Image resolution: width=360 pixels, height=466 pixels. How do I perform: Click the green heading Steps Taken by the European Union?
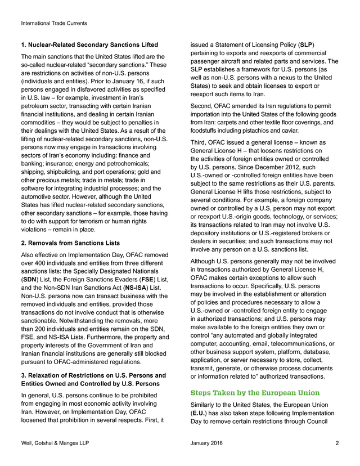pyautogui.click(x=255, y=392)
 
